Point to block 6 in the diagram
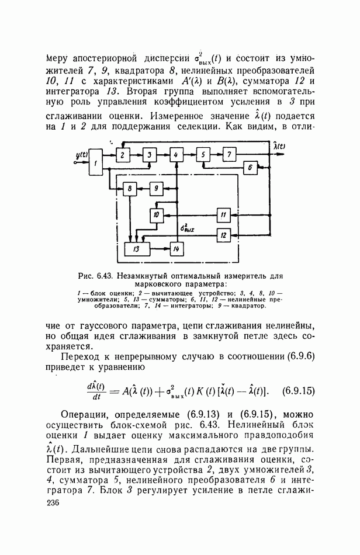point(250,167)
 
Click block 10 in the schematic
point(156,215)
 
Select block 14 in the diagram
point(175,249)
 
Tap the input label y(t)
point(81,155)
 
